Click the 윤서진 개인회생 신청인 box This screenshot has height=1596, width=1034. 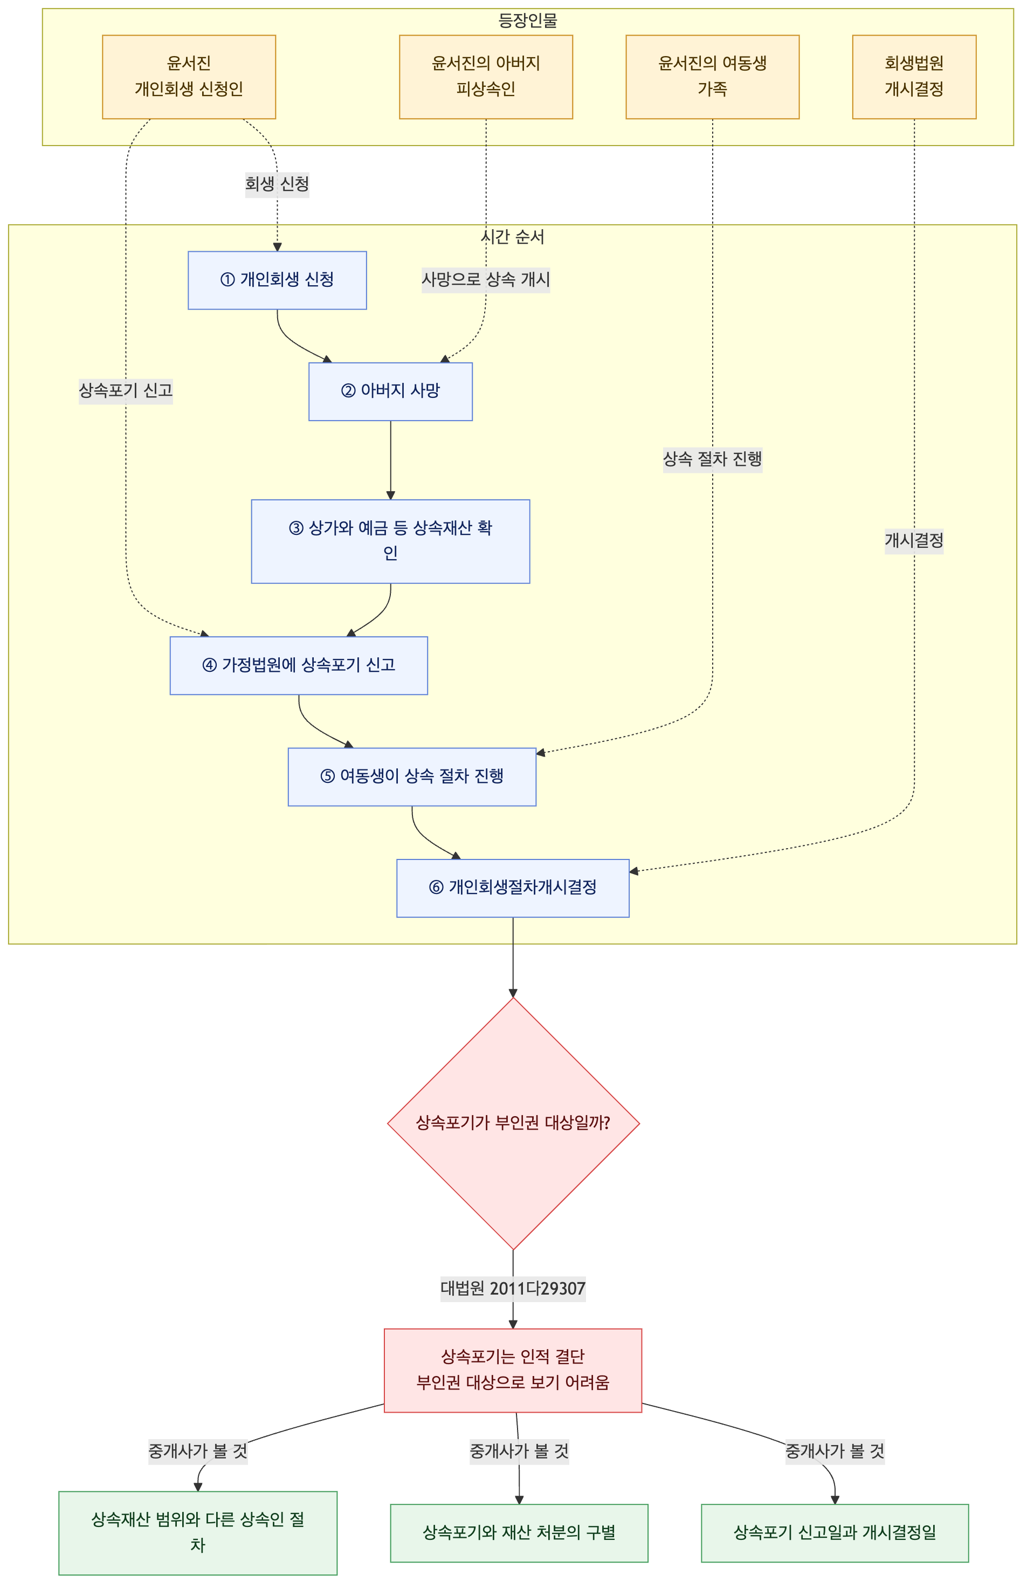(x=189, y=77)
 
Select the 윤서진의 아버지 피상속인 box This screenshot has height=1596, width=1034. (x=486, y=77)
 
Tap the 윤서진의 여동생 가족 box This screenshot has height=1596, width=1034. (x=713, y=77)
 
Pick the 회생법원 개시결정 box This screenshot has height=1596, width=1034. (x=914, y=77)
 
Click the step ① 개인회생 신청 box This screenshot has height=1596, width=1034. (x=278, y=280)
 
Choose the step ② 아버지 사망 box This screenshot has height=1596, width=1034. (x=391, y=391)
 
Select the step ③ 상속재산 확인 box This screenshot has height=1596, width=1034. (x=391, y=541)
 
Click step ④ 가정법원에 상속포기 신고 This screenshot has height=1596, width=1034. (x=299, y=665)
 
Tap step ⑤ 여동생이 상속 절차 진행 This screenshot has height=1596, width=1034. (x=412, y=776)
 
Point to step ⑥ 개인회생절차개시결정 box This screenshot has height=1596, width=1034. (x=513, y=888)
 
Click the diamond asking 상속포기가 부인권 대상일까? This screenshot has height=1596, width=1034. (x=514, y=1123)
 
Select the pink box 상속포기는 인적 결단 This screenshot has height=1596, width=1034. (x=513, y=1370)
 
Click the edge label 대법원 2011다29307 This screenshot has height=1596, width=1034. (x=513, y=1288)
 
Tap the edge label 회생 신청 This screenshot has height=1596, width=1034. (x=277, y=184)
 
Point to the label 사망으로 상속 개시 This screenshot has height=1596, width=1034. (x=486, y=280)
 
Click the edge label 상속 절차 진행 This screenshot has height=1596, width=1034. (x=713, y=459)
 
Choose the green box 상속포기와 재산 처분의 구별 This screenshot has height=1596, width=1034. (x=519, y=1533)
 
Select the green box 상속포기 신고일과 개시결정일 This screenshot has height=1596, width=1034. (x=835, y=1533)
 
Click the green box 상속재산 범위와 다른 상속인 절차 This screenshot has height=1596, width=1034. (x=198, y=1533)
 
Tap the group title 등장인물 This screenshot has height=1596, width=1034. (x=528, y=21)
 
